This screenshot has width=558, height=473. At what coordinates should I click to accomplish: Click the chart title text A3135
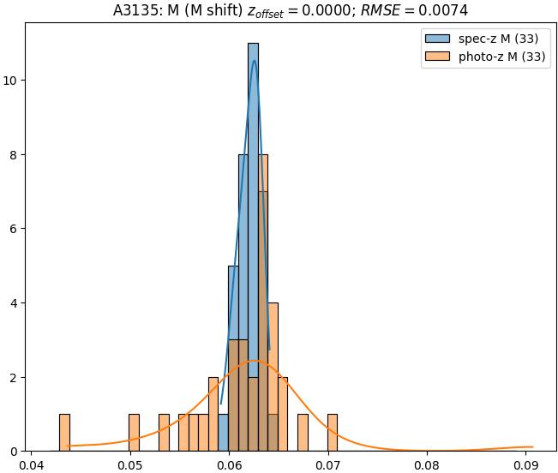[x=135, y=11]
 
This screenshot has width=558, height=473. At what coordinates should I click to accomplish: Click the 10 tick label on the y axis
[x=13, y=81]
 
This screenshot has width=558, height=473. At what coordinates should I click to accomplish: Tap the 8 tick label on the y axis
[x=15, y=155]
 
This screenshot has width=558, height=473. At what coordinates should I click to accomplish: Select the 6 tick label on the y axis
[x=15, y=229]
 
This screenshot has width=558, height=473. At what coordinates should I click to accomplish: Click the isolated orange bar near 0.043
[x=64, y=433]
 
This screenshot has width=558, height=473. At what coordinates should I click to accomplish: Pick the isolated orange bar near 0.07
[x=332, y=433]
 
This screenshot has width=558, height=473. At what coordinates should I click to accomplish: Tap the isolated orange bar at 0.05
[x=134, y=433]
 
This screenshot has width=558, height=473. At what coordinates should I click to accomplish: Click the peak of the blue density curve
[x=254, y=61]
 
